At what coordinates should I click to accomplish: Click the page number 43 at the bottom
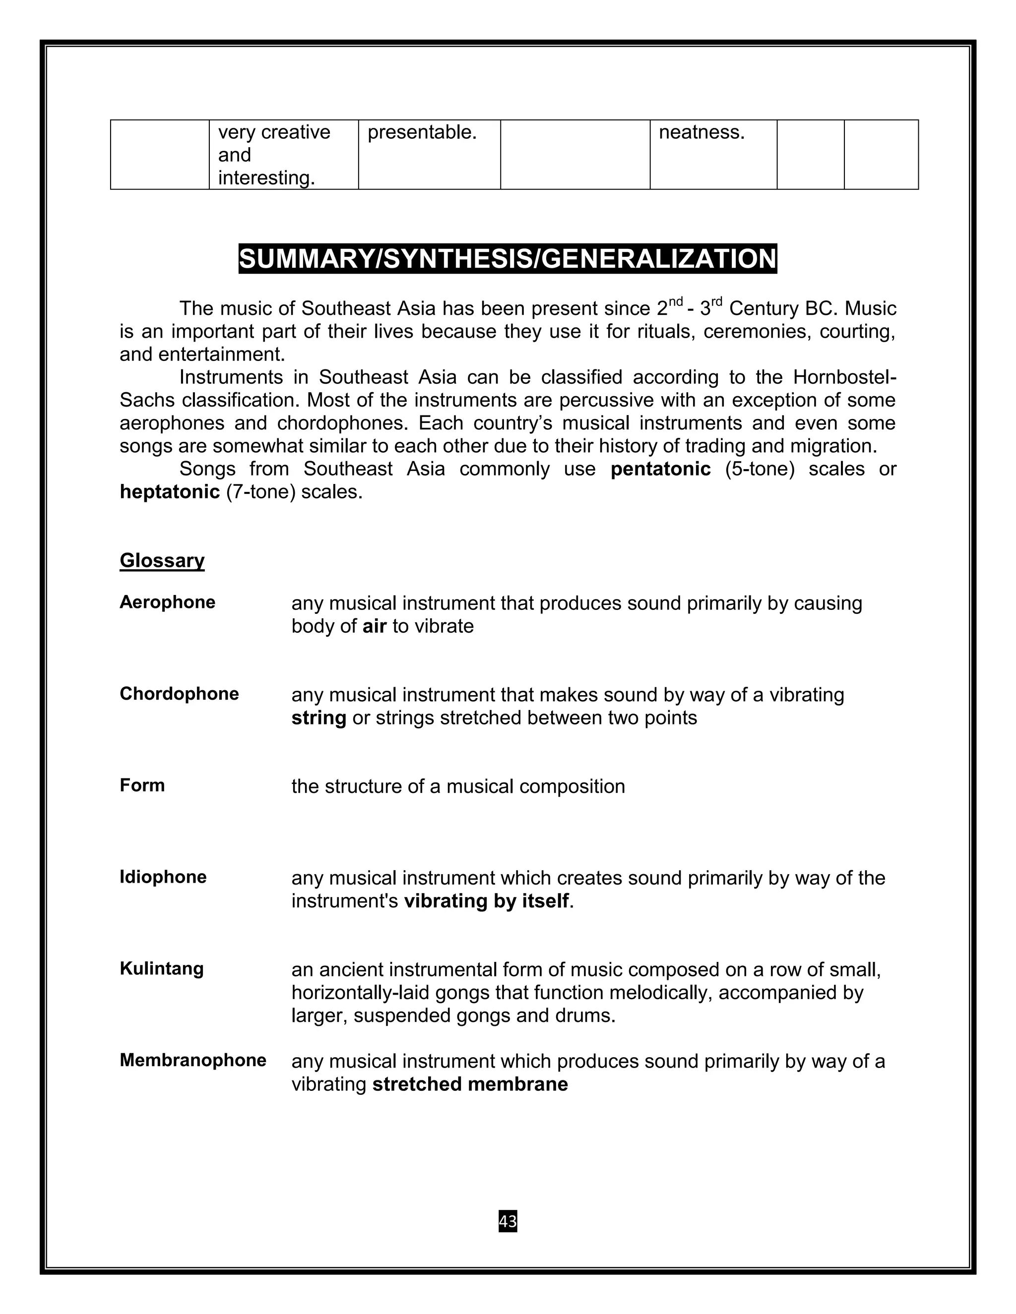(508, 1221)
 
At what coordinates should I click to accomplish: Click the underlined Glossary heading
(162, 560)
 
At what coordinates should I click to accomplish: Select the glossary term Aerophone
(167, 602)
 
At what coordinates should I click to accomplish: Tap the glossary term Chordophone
(179, 694)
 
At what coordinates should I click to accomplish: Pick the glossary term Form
(142, 785)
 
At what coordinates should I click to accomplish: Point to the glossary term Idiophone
(163, 877)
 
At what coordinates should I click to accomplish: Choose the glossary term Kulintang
(161, 968)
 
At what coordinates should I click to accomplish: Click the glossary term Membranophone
(192, 1060)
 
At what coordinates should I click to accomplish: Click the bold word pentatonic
(660, 469)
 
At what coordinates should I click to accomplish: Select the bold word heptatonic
(170, 491)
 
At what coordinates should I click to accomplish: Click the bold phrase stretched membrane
(470, 1083)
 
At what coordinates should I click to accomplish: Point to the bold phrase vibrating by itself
(486, 900)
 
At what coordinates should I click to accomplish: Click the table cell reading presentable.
(422, 132)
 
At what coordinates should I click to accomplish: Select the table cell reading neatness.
(702, 132)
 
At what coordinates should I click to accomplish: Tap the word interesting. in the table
(266, 178)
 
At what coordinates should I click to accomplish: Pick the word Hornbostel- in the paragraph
(844, 377)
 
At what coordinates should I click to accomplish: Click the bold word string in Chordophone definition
(318, 718)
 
